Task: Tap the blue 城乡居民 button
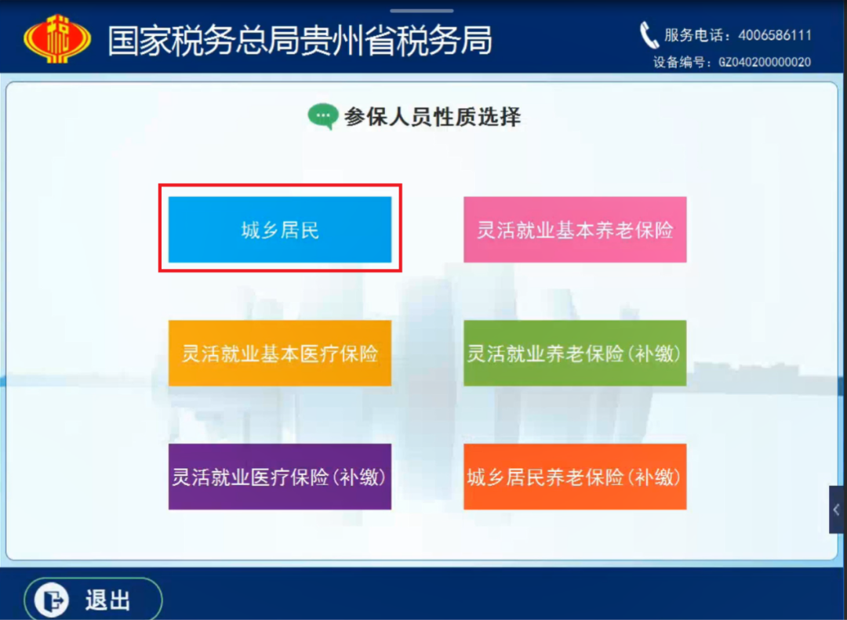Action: pos(280,230)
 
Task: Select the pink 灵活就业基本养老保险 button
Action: pos(575,230)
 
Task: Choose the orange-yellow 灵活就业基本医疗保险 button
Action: pos(280,354)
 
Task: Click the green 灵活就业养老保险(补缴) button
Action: pos(575,354)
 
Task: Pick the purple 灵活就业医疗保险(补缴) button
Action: pos(280,477)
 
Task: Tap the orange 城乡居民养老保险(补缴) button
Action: pos(575,477)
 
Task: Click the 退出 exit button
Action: pos(93,599)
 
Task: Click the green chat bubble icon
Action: pos(323,116)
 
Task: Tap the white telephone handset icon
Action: pos(649,35)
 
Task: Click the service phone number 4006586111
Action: pos(775,35)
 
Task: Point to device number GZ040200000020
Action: pos(765,62)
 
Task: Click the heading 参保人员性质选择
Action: pos(432,117)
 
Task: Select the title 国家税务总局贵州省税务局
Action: pos(300,40)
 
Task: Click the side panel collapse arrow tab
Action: pos(838,509)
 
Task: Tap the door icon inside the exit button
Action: pos(52,600)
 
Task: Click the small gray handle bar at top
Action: pos(422,10)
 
